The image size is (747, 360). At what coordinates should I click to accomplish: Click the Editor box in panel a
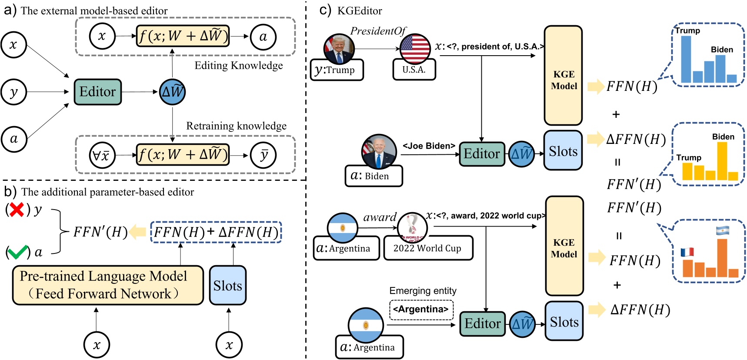(x=97, y=92)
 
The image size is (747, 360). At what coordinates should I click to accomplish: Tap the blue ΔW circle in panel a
(x=173, y=92)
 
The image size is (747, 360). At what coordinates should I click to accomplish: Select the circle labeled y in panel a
(x=13, y=92)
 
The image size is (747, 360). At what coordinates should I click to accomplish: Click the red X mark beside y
(x=17, y=210)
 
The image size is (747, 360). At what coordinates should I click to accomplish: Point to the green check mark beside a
(x=17, y=252)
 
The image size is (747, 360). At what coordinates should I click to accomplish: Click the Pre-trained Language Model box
(x=107, y=285)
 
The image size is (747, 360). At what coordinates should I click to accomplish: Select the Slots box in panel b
(x=227, y=285)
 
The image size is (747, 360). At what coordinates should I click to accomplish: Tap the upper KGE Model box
(x=563, y=76)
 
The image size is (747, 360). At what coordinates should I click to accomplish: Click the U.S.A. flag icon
(x=415, y=48)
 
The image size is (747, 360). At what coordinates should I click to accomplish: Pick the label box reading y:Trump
(x=337, y=70)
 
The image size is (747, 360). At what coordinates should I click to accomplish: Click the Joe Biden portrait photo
(x=379, y=152)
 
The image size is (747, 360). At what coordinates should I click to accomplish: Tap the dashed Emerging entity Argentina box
(x=421, y=310)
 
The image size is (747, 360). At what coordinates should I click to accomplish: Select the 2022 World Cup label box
(x=428, y=248)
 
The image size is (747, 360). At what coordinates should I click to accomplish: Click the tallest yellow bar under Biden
(x=722, y=160)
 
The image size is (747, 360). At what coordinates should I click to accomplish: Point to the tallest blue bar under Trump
(x=686, y=59)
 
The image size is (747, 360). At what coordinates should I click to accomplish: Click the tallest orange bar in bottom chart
(x=722, y=258)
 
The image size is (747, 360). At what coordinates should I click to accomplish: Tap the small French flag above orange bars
(x=687, y=252)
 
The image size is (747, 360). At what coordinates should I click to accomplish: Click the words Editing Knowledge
(x=238, y=66)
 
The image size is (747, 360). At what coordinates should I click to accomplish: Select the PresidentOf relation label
(x=377, y=31)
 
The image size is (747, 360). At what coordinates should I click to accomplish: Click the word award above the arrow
(x=380, y=217)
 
